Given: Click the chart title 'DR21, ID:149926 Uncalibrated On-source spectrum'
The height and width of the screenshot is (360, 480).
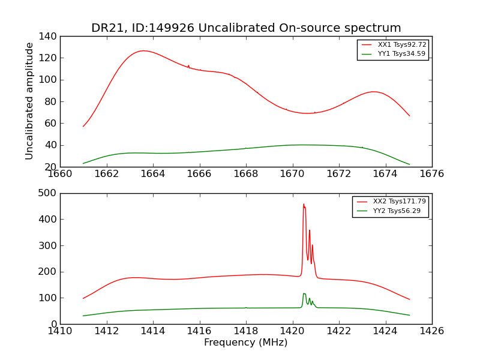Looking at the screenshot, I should [x=246, y=28].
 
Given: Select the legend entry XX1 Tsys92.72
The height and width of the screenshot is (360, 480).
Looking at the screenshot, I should [x=401, y=45].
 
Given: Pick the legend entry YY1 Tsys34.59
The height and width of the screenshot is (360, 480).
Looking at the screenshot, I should [x=401, y=54].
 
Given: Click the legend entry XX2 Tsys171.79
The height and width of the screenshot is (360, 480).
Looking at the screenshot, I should [x=399, y=202].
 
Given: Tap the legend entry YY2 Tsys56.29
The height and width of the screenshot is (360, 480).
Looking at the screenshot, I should [x=399, y=211].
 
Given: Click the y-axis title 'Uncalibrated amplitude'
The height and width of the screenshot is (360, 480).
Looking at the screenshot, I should [x=29, y=101].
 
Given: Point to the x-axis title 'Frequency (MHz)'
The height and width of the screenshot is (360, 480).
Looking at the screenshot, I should [x=246, y=343].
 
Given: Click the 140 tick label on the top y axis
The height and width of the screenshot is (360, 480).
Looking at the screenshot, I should [x=50, y=37].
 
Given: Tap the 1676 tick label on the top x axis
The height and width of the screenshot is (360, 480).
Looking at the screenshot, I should [x=432, y=174].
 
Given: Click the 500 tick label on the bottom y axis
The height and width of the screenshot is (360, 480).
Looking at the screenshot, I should [x=50, y=193].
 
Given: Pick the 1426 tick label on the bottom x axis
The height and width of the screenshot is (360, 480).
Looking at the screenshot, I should [x=432, y=331].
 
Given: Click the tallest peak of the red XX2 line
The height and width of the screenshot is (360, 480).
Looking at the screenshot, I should [x=304, y=205].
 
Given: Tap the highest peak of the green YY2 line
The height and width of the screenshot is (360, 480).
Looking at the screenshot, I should [x=304, y=293].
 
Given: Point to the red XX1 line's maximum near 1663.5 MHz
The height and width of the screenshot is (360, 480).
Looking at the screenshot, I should [x=143, y=50].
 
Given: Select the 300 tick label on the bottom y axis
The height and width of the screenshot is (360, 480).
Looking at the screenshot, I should [x=50, y=245].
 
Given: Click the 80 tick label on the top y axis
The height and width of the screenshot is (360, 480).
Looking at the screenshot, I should [x=52, y=102].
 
